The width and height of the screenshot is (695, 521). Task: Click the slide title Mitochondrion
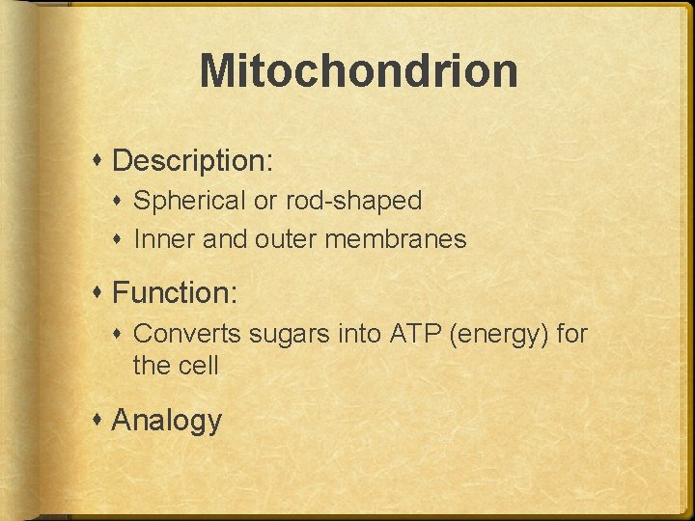358,71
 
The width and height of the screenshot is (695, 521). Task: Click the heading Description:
193,160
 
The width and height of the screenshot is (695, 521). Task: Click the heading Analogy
167,421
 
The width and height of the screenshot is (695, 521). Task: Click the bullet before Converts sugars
121,334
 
